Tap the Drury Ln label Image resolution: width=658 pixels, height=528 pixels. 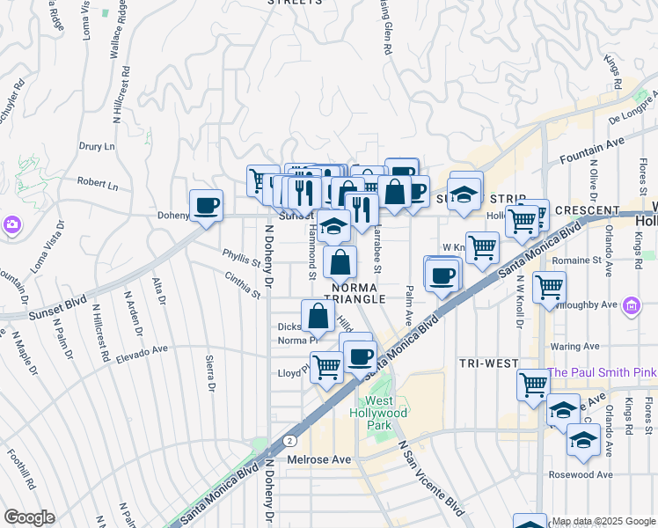97,146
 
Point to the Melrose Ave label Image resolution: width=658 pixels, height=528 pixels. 319,459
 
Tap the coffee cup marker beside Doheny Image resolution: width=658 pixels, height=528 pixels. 206,206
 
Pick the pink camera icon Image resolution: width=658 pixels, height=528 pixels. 12,224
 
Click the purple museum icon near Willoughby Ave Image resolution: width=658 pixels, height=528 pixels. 631,305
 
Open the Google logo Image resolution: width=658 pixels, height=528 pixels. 29,517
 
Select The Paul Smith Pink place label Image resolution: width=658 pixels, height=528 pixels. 602,373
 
